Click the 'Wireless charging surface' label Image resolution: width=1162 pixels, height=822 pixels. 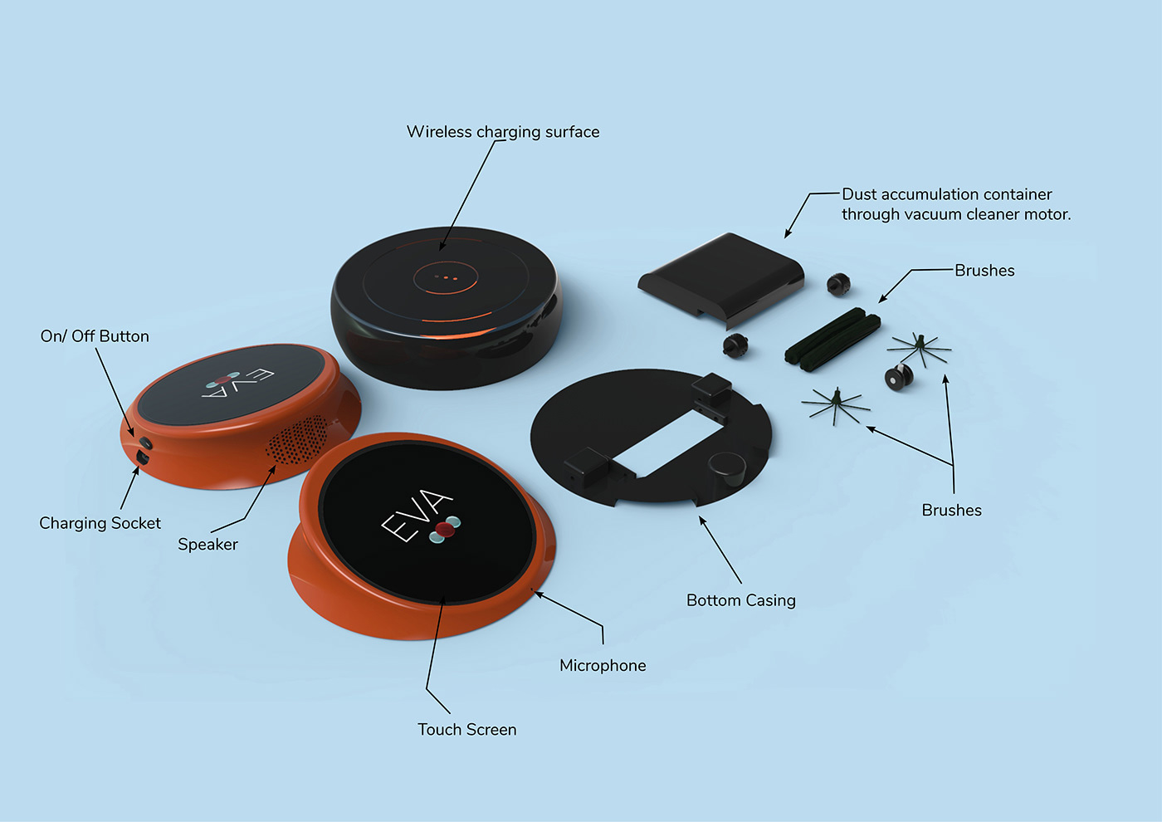point(502,132)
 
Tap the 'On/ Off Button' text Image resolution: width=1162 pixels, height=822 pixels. point(95,336)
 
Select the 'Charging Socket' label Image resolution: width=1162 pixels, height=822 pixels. point(100,523)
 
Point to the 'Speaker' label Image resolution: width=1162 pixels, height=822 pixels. point(207,545)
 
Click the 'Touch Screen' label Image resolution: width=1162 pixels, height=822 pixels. point(466,730)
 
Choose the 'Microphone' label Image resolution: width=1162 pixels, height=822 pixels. point(603,666)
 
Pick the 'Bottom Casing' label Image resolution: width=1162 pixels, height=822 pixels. point(740,600)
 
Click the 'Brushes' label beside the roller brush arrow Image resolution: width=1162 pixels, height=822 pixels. point(984,271)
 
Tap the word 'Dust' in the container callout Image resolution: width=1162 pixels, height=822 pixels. point(859,194)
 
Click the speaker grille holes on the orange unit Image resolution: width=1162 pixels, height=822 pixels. point(296,438)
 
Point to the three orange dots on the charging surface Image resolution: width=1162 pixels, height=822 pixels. point(446,277)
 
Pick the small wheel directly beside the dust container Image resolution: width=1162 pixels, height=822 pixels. point(838,284)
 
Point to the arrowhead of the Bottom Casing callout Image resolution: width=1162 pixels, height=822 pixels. point(701,520)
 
